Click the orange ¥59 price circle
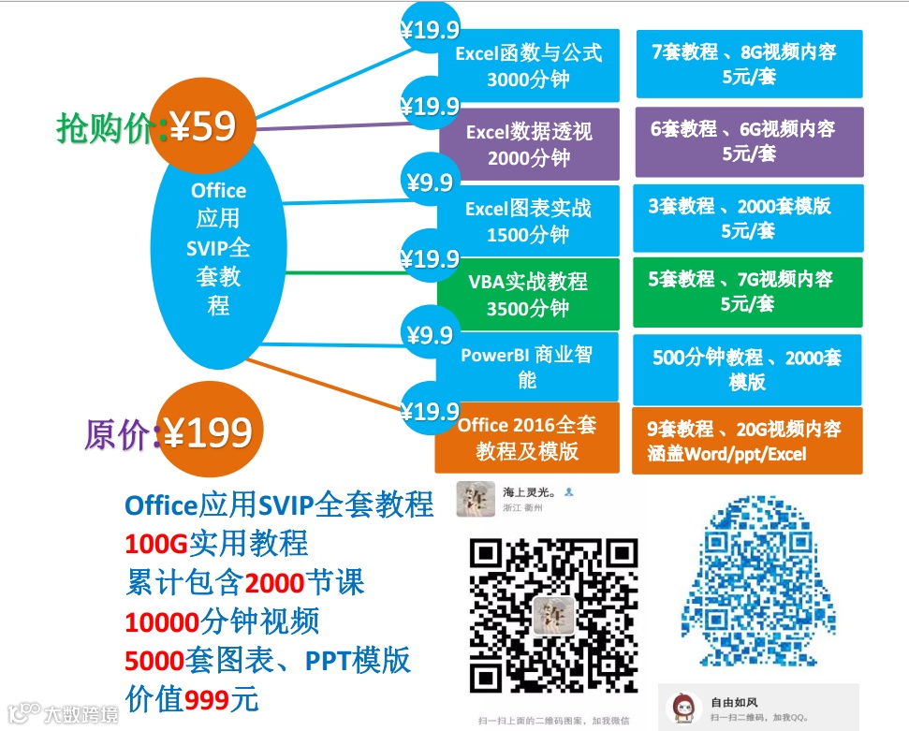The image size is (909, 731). (201, 127)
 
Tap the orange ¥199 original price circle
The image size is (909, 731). (208, 432)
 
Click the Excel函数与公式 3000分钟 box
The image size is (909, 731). (529, 66)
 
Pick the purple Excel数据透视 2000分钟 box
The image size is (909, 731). (529, 144)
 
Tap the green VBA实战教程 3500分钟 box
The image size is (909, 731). (528, 294)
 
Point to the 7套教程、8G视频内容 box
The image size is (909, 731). (748, 64)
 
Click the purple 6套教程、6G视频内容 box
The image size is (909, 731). (748, 140)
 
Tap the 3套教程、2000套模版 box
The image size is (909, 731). (748, 217)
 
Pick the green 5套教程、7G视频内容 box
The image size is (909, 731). (748, 290)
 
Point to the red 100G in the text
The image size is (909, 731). (151, 544)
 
